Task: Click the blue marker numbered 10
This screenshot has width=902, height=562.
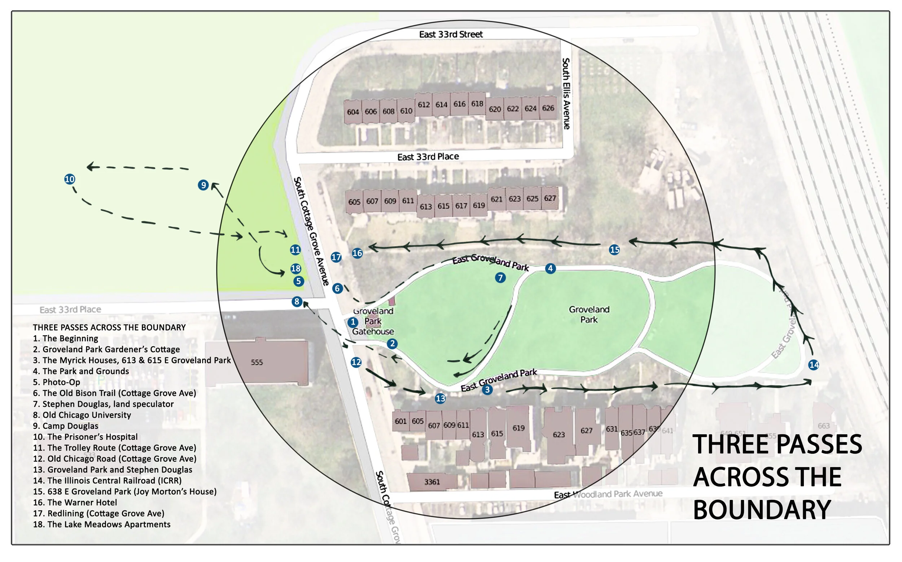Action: tap(70, 179)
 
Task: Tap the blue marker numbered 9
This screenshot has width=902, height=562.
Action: tap(203, 185)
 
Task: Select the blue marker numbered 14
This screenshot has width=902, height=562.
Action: tap(814, 365)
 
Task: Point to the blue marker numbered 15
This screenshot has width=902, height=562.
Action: tap(614, 250)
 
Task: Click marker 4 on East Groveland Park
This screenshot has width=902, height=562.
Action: tap(550, 268)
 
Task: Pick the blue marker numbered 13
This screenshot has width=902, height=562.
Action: tap(440, 399)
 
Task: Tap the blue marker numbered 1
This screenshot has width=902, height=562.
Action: tap(353, 322)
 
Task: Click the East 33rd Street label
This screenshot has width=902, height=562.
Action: tap(451, 35)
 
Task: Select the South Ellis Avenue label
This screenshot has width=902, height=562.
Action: tap(566, 94)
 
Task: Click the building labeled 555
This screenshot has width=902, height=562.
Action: tap(257, 362)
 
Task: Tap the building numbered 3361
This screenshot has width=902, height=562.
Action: tap(432, 482)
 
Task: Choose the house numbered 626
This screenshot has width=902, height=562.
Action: tap(548, 108)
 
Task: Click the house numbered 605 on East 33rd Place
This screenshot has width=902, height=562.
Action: tap(354, 202)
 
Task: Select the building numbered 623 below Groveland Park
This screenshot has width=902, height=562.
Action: tap(559, 435)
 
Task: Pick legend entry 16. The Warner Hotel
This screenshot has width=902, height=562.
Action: tap(75, 502)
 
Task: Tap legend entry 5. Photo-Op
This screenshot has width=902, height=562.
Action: tap(57, 382)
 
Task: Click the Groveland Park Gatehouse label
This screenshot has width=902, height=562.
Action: tap(373, 321)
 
